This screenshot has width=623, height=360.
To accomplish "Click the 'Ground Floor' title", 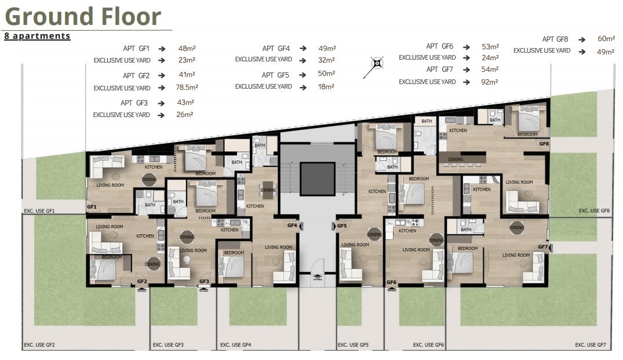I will (x=83, y=16).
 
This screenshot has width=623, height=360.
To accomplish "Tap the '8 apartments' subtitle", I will (x=37, y=36).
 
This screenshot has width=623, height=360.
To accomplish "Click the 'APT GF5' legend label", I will (x=275, y=75).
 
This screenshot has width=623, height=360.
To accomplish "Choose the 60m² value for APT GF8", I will (x=606, y=39).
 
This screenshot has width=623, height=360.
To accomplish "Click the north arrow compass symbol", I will (x=377, y=63).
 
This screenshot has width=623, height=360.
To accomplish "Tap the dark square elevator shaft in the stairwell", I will (x=318, y=179).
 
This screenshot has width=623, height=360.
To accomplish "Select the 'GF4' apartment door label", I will (x=293, y=226).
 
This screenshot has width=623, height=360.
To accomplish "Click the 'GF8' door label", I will (x=544, y=143).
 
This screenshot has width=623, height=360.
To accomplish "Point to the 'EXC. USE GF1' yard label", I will (x=39, y=211).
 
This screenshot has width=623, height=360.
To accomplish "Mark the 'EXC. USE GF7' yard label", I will (x=590, y=345).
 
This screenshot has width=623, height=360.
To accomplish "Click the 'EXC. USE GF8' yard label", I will (x=594, y=211).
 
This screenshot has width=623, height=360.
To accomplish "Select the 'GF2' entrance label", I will (x=142, y=282).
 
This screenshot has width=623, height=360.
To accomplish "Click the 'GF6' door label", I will (x=391, y=282).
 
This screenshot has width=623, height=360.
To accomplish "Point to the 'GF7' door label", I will (x=542, y=247).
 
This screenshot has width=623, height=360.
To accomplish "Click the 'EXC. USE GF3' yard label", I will (x=168, y=345).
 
